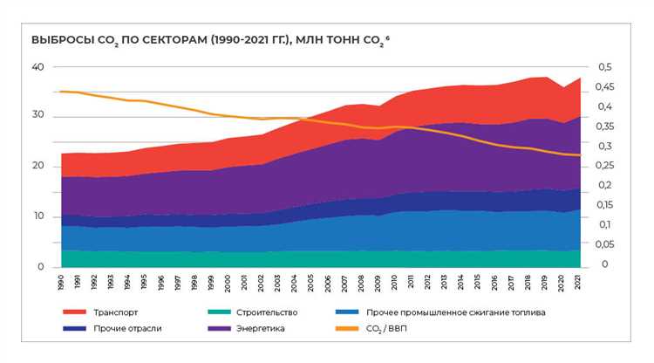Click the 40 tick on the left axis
37,67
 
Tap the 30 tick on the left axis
37,117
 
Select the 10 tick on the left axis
37,216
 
